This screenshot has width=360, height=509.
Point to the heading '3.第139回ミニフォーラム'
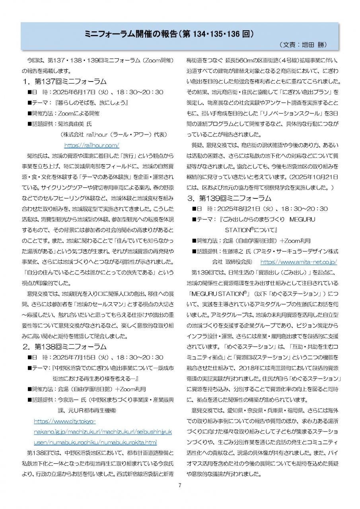click(x=231, y=198)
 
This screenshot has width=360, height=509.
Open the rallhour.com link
click(x=91, y=145)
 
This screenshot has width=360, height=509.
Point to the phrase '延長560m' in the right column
click(x=237, y=60)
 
